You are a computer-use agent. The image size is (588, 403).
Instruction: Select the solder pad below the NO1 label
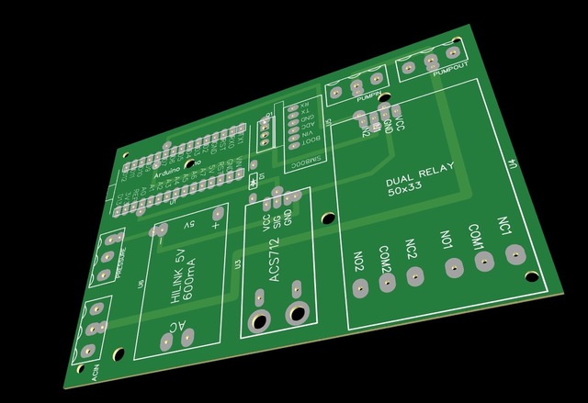click(x=454, y=268)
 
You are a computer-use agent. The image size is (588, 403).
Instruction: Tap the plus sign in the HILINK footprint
click(x=217, y=220)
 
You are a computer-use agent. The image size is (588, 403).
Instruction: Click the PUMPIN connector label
click(x=370, y=95)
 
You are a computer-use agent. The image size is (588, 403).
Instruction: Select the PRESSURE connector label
click(x=122, y=249)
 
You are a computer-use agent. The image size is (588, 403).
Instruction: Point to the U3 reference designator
click(x=238, y=266)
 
